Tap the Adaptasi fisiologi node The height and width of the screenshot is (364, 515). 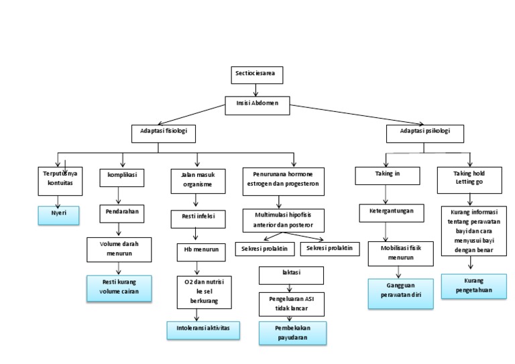(x=163, y=133)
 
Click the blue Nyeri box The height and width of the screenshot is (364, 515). (x=58, y=215)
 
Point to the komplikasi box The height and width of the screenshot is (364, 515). (x=121, y=175)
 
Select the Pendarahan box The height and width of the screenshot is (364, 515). (x=121, y=211)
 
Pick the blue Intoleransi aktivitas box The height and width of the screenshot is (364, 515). (x=203, y=330)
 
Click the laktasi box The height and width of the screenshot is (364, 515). (x=291, y=274)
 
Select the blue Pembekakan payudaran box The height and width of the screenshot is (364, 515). (x=292, y=333)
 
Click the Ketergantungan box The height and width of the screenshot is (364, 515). (x=391, y=210)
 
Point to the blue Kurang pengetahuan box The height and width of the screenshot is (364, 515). (x=473, y=286)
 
